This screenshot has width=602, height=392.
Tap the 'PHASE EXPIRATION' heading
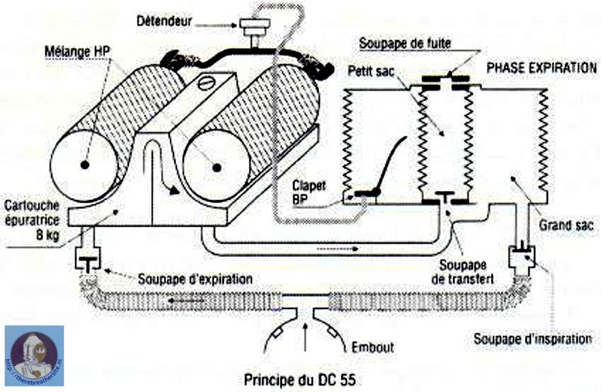coord(542,68)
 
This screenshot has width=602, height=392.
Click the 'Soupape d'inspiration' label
coord(532,338)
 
